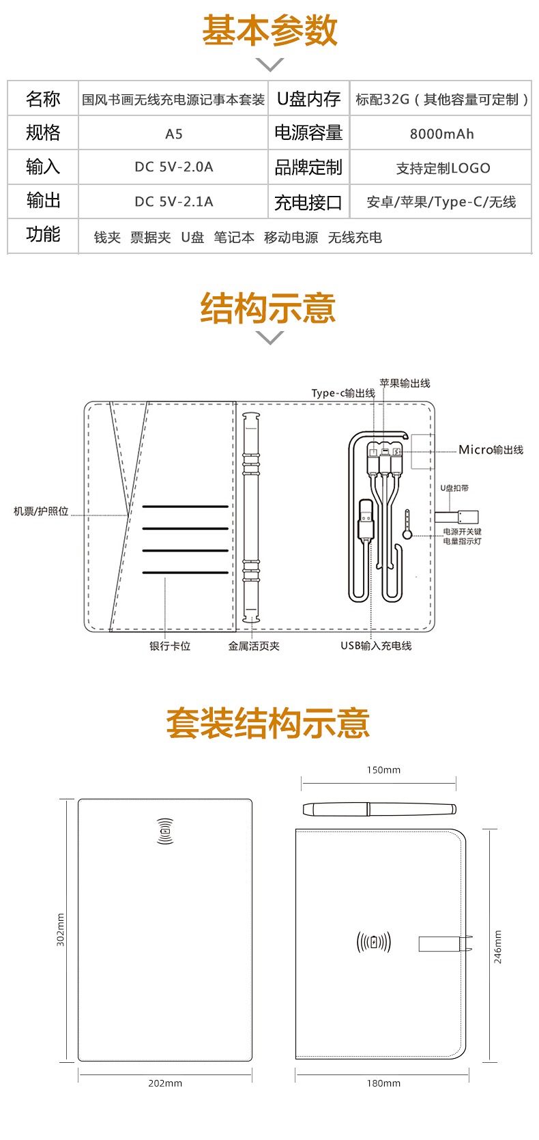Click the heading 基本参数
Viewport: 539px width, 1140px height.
click(269, 31)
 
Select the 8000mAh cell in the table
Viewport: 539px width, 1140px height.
click(441, 134)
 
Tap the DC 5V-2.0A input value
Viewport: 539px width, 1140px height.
click(174, 167)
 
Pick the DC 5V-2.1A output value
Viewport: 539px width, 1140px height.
click(174, 201)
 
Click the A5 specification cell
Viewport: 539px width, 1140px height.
click(174, 134)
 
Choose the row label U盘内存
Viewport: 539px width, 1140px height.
click(308, 100)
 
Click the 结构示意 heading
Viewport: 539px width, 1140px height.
click(268, 309)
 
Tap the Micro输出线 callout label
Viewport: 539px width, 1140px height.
click(491, 450)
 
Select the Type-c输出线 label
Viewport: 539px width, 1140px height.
click(343, 393)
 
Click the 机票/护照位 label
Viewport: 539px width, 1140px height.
click(41, 511)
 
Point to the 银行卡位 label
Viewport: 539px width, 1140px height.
click(170, 646)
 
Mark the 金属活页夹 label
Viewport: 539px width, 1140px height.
click(254, 646)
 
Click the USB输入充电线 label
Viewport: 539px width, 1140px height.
click(376, 646)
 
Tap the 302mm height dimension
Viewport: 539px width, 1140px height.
click(60, 930)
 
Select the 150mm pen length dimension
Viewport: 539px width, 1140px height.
click(383, 770)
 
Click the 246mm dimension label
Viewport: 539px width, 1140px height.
click(497, 946)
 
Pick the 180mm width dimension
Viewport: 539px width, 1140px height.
click(383, 1083)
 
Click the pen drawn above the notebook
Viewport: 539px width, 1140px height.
click(379, 810)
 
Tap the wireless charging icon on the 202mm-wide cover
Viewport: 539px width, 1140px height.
click(165, 831)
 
